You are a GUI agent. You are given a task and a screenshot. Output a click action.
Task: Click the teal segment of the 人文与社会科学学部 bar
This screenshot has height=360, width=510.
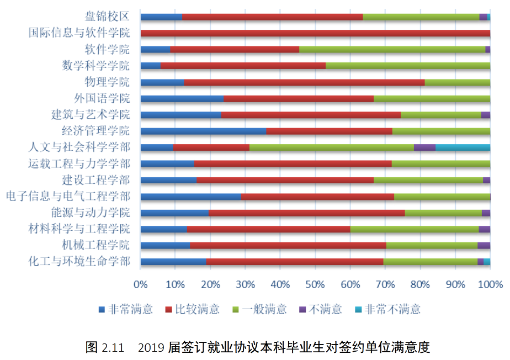click(463, 147)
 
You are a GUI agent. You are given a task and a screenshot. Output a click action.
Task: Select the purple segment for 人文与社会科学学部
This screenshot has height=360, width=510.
click(424, 147)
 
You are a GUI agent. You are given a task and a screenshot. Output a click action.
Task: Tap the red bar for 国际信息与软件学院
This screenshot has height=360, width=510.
click(315, 33)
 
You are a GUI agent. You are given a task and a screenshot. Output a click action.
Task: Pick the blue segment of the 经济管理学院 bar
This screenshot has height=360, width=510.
click(203, 131)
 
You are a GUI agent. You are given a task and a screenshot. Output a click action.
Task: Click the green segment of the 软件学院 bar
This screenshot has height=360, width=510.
click(392, 50)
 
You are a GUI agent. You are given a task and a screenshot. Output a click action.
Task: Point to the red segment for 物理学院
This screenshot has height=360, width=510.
click(304, 82)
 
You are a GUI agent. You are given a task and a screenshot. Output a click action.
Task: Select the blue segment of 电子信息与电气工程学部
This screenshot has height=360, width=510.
click(191, 197)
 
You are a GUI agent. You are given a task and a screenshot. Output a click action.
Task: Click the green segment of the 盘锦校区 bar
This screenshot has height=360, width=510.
click(421, 17)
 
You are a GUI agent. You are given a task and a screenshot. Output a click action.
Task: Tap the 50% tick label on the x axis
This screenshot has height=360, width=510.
click(315, 284)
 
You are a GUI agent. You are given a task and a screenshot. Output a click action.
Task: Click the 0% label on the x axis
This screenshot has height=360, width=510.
click(141, 284)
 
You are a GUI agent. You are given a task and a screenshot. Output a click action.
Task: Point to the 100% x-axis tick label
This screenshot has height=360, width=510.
click(490, 284)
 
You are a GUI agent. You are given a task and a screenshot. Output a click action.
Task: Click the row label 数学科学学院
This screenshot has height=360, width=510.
click(96, 66)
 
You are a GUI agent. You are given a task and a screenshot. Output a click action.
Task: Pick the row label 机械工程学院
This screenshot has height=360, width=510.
click(96, 245)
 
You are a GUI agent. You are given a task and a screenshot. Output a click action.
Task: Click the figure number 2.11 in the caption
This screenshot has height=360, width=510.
click(113, 348)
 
